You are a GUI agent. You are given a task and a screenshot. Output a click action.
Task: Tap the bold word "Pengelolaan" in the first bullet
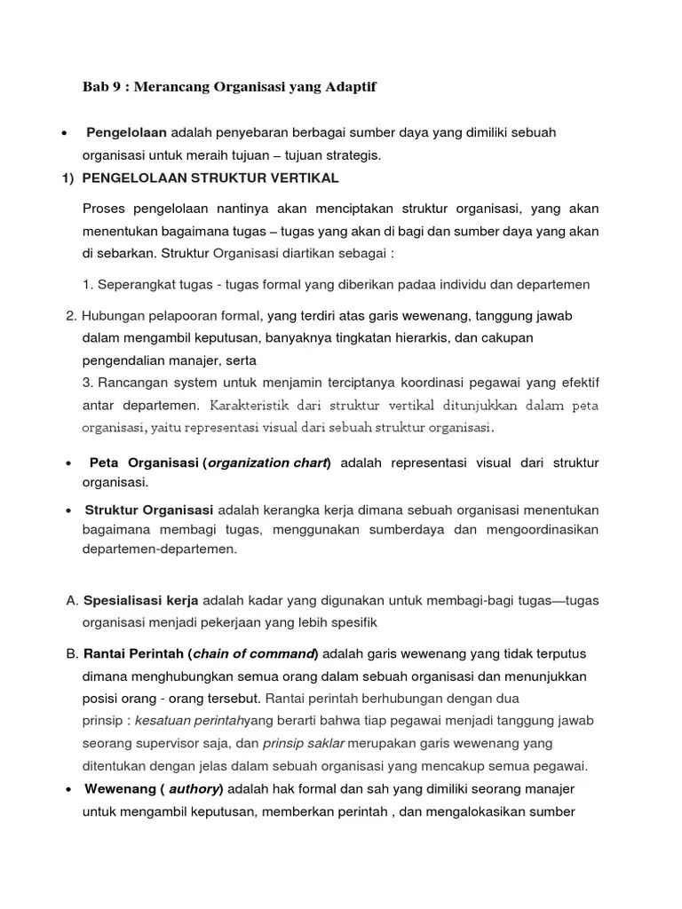[126, 132]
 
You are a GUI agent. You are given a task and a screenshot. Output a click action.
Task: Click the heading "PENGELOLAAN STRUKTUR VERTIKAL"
[210, 178]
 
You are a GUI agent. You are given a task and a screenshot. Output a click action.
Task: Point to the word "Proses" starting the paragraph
[103, 209]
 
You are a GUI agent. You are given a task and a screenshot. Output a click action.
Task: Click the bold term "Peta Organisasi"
[144, 462]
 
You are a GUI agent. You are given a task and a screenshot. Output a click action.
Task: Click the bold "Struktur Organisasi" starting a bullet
[149, 510]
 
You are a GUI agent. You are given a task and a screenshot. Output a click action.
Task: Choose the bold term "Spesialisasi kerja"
[140, 600]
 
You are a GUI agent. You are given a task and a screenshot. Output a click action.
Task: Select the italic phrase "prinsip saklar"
[303, 743]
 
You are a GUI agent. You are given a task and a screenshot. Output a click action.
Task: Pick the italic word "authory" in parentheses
[194, 788]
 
